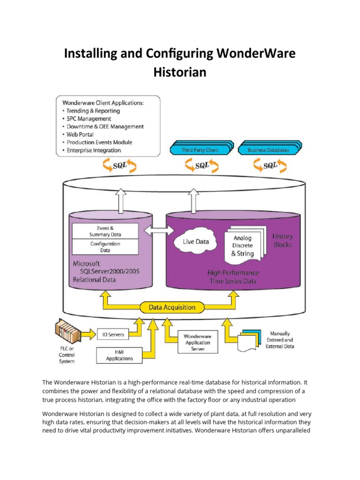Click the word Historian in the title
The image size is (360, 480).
click(x=180, y=73)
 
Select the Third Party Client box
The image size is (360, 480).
click(x=200, y=150)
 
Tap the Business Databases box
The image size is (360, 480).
click(x=268, y=150)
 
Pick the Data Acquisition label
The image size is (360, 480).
click(x=172, y=307)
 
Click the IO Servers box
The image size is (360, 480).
click(x=113, y=334)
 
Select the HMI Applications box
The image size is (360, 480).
click(x=119, y=355)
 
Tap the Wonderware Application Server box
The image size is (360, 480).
click(x=197, y=343)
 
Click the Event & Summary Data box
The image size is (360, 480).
click(x=105, y=231)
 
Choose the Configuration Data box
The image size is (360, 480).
click(x=105, y=247)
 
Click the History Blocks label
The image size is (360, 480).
click(x=282, y=240)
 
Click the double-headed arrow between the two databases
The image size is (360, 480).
click(x=158, y=231)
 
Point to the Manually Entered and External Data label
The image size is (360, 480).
click(x=279, y=340)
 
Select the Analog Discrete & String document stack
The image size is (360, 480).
click(x=243, y=246)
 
